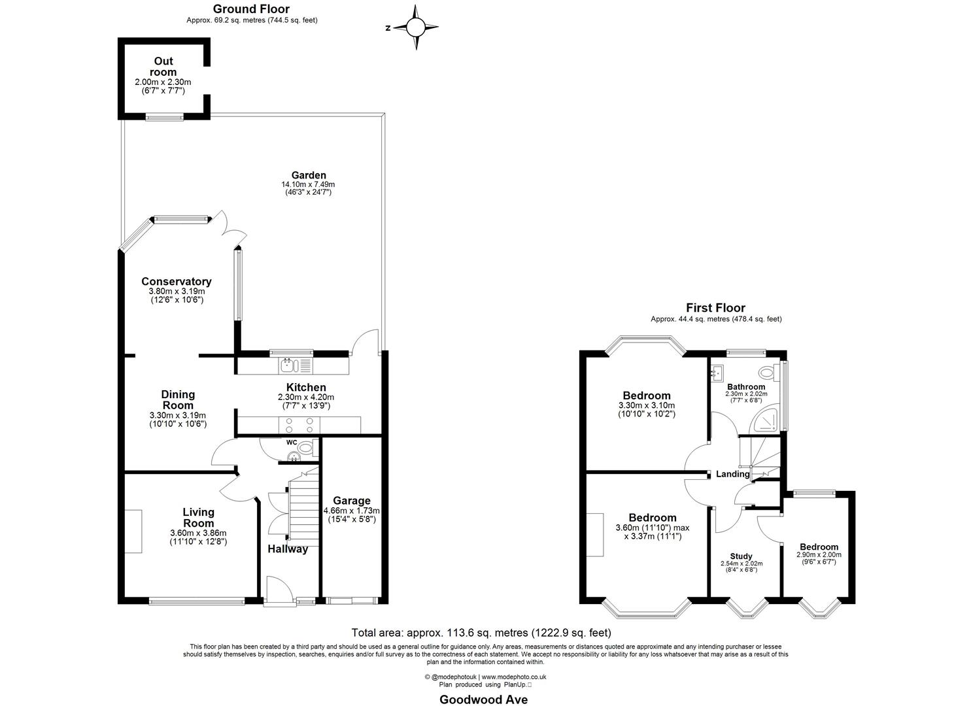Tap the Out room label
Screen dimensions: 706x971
tap(163, 67)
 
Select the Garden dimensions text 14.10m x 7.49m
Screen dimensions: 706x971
tap(308, 184)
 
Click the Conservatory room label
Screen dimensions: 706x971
tap(177, 282)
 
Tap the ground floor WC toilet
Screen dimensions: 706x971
tap(307, 448)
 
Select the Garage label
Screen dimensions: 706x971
tap(352, 501)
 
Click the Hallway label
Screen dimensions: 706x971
tap(288, 549)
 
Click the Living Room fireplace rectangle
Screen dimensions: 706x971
tap(133, 531)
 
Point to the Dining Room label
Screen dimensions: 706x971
tap(178, 399)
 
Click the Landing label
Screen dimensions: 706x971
tap(732, 474)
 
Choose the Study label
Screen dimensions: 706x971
tap(741, 556)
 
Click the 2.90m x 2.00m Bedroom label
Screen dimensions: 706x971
tap(819, 547)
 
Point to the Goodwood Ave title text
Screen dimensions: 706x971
tap(484, 699)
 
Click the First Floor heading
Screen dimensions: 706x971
tap(715, 308)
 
